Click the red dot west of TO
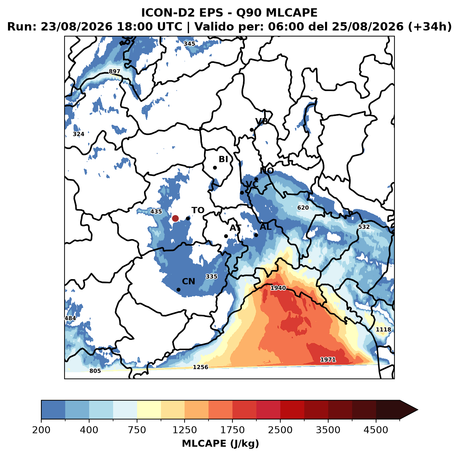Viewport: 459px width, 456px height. click(175, 218)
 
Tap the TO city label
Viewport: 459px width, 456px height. click(198, 210)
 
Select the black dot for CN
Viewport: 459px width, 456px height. click(178, 290)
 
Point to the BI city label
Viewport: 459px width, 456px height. click(223, 159)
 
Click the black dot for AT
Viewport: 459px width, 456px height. click(226, 236)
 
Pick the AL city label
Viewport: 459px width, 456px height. click(265, 227)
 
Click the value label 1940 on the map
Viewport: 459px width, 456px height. click(278, 288)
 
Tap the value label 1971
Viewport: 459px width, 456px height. click(328, 359)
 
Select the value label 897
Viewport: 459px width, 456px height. click(114, 72)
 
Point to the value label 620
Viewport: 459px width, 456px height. click(303, 207)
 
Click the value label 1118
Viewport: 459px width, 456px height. click(383, 329)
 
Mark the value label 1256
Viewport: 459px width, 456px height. click(200, 367)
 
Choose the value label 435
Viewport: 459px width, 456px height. click(156, 211)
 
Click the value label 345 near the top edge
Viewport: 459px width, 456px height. click(189, 44)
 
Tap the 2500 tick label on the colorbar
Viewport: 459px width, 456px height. click(280, 430)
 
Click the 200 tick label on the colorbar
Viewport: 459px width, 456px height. click(41, 430)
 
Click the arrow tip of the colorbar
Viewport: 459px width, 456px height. click(418, 410)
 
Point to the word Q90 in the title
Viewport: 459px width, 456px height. click(248, 13)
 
